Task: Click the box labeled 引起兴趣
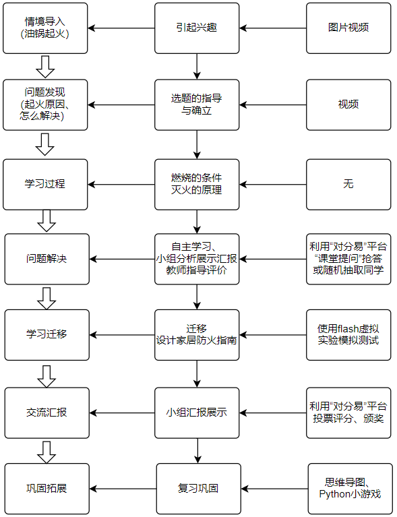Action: tap(197, 28)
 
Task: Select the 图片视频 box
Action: tap(348, 28)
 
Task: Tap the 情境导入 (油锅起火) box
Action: tap(46, 28)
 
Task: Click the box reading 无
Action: tap(348, 184)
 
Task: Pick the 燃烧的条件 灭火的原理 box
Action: tap(197, 184)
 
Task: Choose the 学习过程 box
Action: tap(46, 184)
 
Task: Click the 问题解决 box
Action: tap(47, 259)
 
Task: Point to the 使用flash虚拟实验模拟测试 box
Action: tap(348, 334)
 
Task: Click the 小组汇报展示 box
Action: tap(197, 413)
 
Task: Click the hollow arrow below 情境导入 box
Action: tap(46, 66)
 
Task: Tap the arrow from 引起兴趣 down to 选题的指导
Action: tap(197, 67)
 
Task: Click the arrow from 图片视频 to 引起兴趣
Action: tap(273, 28)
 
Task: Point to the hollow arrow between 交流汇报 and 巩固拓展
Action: tap(47, 451)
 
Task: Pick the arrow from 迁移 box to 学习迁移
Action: tap(122, 334)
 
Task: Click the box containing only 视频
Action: tap(348, 104)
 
